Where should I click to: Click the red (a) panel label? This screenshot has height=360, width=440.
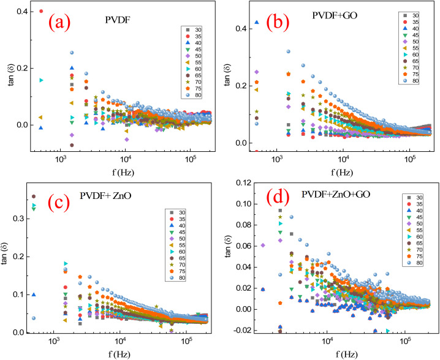(59, 23)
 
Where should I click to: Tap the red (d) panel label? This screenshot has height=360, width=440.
(278, 197)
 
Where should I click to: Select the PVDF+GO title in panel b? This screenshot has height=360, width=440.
(335, 15)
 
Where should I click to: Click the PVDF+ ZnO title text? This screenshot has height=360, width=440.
(105, 195)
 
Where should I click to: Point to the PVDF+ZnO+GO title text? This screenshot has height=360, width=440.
(336, 194)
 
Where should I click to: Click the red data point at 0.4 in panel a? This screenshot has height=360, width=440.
(41, 11)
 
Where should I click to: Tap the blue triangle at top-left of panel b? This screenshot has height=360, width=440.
(257, 22)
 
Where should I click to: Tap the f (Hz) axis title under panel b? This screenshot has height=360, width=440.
(341, 172)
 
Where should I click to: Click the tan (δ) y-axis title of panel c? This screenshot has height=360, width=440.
(6, 258)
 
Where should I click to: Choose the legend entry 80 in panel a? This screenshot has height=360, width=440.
(195, 95)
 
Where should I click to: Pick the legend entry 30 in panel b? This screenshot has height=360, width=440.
(412, 16)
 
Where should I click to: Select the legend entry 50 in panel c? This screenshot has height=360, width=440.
(178, 239)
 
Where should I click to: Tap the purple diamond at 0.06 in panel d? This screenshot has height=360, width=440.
(263, 246)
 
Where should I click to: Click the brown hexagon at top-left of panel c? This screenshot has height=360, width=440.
(34, 197)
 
